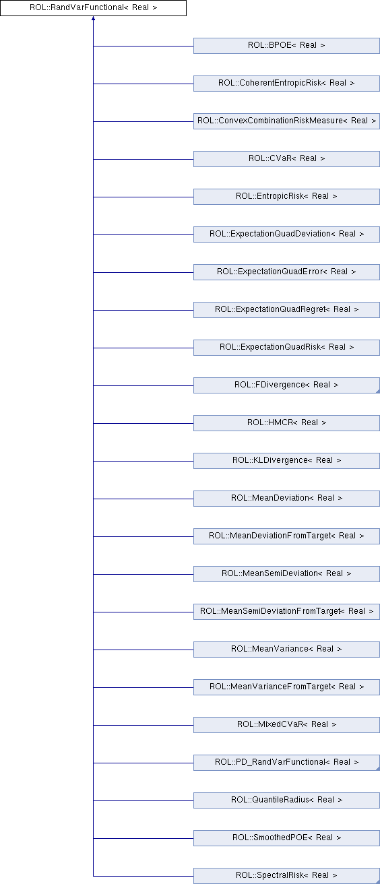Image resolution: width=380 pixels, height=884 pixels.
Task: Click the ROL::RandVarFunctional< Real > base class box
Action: pos(93,8)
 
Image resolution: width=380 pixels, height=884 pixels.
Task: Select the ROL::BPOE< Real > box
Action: pos(286,46)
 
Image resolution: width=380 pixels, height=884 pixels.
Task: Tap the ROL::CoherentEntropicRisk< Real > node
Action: pos(286,84)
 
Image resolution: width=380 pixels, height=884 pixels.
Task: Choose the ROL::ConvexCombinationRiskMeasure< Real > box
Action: pos(286,121)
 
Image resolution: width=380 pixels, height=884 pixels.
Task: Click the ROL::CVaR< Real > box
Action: pos(286,159)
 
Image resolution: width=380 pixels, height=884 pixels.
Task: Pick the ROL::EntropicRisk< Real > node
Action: pos(286,197)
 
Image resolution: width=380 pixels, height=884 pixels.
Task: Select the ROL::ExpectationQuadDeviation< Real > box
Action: pos(286,234)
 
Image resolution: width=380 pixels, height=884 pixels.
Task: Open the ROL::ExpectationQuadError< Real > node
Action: pos(286,272)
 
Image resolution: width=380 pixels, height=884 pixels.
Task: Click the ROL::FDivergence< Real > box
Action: pos(286,385)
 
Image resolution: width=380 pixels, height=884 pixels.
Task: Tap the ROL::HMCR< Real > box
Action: pos(286,423)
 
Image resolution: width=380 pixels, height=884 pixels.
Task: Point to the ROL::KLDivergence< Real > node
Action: pos(286,461)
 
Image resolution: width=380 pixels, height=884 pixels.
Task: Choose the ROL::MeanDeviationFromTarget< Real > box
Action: pos(286,536)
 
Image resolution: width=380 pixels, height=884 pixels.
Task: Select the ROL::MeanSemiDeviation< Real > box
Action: pos(286,574)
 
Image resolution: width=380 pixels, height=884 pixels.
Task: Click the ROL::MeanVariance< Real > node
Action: pos(286,650)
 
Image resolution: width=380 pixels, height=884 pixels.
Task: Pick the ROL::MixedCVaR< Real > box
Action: pos(286,724)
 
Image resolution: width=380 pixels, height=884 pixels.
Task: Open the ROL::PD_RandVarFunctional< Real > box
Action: pos(286,763)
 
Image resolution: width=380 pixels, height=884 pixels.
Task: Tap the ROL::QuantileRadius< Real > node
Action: pos(286,800)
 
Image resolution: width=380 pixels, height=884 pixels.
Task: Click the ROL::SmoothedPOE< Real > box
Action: pos(286,838)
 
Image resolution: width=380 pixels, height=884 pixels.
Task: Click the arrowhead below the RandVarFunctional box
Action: pos(93,18)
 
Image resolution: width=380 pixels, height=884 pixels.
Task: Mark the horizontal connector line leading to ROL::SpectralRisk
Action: pos(144,876)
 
